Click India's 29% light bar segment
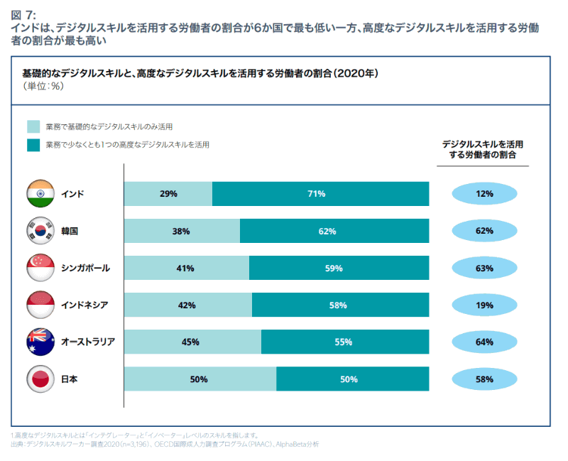pyautogui.click(x=168, y=193)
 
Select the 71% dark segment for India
pyautogui.click(x=320, y=193)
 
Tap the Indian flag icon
pyautogui.click(x=40, y=193)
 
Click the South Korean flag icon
pyautogui.click(x=40, y=231)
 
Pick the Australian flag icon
pyautogui.click(x=40, y=342)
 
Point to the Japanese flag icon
pyautogui.click(x=40, y=379)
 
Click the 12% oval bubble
pyautogui.click(x=484, y=193)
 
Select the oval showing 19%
pyautogui.click(x=484, y=305)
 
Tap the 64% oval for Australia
pyautogui.click(x=484, y=342)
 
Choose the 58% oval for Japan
pyautogui.click(x=484, y=379)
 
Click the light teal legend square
pyautogui.click(x=33, y=127)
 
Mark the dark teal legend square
pyautogui.click(x=33, y=145)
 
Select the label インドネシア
pyautogui.click(x=85, y=305)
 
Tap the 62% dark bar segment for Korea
pyautogui.click(x=334, y=231)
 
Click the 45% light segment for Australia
pyautogui.click(x=192, y=342)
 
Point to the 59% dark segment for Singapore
pyautogui.click(x=339, y=268)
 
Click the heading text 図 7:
pyautogui.click(x=23, y=13)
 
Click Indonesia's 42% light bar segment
pyautogui.click(x=187, y=305)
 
